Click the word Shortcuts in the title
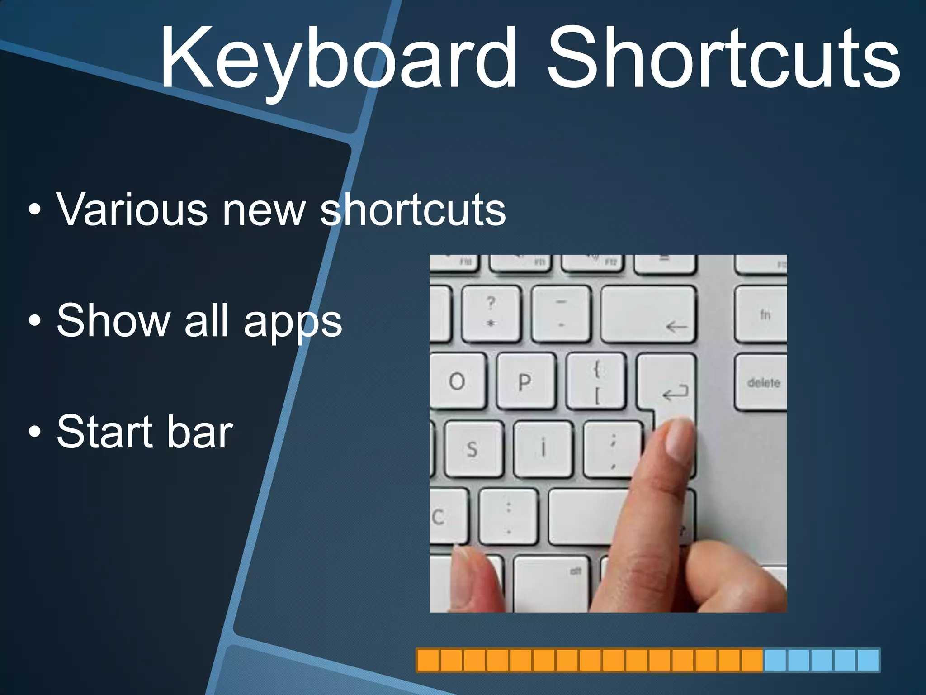click(x=723, y=59)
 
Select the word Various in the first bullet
click(x=131, y=209)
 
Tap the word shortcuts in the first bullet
click(x=412, y=209)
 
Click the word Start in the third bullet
click(x=105, y=432)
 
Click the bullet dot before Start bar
click(x=34, y=432)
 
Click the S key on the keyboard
click(x=473, y=449)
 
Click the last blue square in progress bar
click(x=868, y=660)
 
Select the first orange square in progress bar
click(x=428, y=660)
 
